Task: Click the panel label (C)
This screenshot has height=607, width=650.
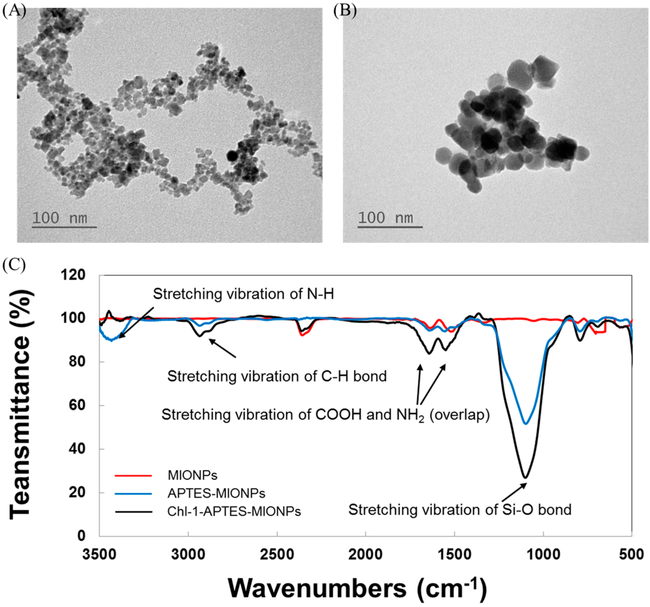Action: pos(14,265)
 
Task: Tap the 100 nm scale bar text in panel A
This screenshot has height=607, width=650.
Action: pos(60,218)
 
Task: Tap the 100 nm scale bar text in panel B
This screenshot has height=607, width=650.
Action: pos(386,218)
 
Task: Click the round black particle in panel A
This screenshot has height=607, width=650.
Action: pos(232,156)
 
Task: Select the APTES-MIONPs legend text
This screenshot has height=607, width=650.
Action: pos(216,493)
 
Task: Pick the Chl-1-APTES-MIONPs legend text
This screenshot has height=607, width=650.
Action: pos(234,511)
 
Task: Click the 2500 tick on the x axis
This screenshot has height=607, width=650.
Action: pos(277,554)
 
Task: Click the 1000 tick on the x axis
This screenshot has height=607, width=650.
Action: pos(543,554)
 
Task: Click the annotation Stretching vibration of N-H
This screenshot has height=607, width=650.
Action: pos(244,294)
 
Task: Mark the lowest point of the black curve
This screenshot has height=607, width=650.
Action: pos(525,478)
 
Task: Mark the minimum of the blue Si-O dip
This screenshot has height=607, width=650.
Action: pos(525,424)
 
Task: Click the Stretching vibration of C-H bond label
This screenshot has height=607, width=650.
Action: pos(277,376)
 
